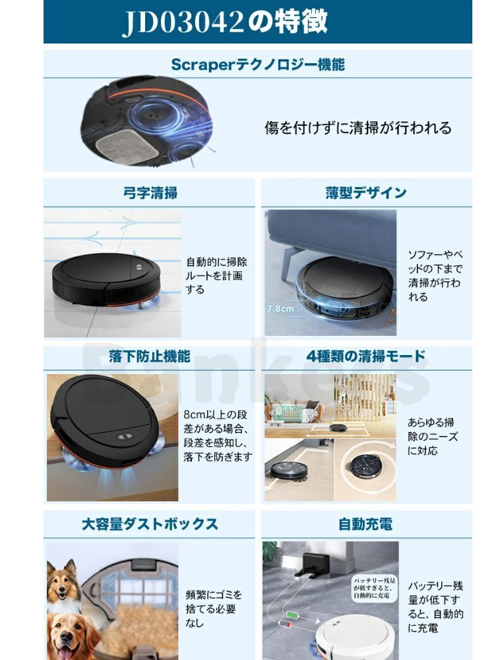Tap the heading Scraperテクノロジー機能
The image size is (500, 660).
(258, 65)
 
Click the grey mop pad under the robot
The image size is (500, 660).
(125, 146)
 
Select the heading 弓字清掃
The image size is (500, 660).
(150, 193)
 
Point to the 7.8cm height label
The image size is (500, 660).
(280, 308)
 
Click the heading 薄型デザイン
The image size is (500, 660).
(366, 192)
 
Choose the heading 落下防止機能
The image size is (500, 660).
(150, 356)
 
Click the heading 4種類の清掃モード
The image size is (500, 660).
(365, 356)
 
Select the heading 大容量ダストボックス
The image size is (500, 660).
(150, 524)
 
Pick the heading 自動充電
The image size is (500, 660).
(365, 524)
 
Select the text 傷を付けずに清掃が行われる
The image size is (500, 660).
(358, 128)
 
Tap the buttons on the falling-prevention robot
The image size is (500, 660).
(125, 436)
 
